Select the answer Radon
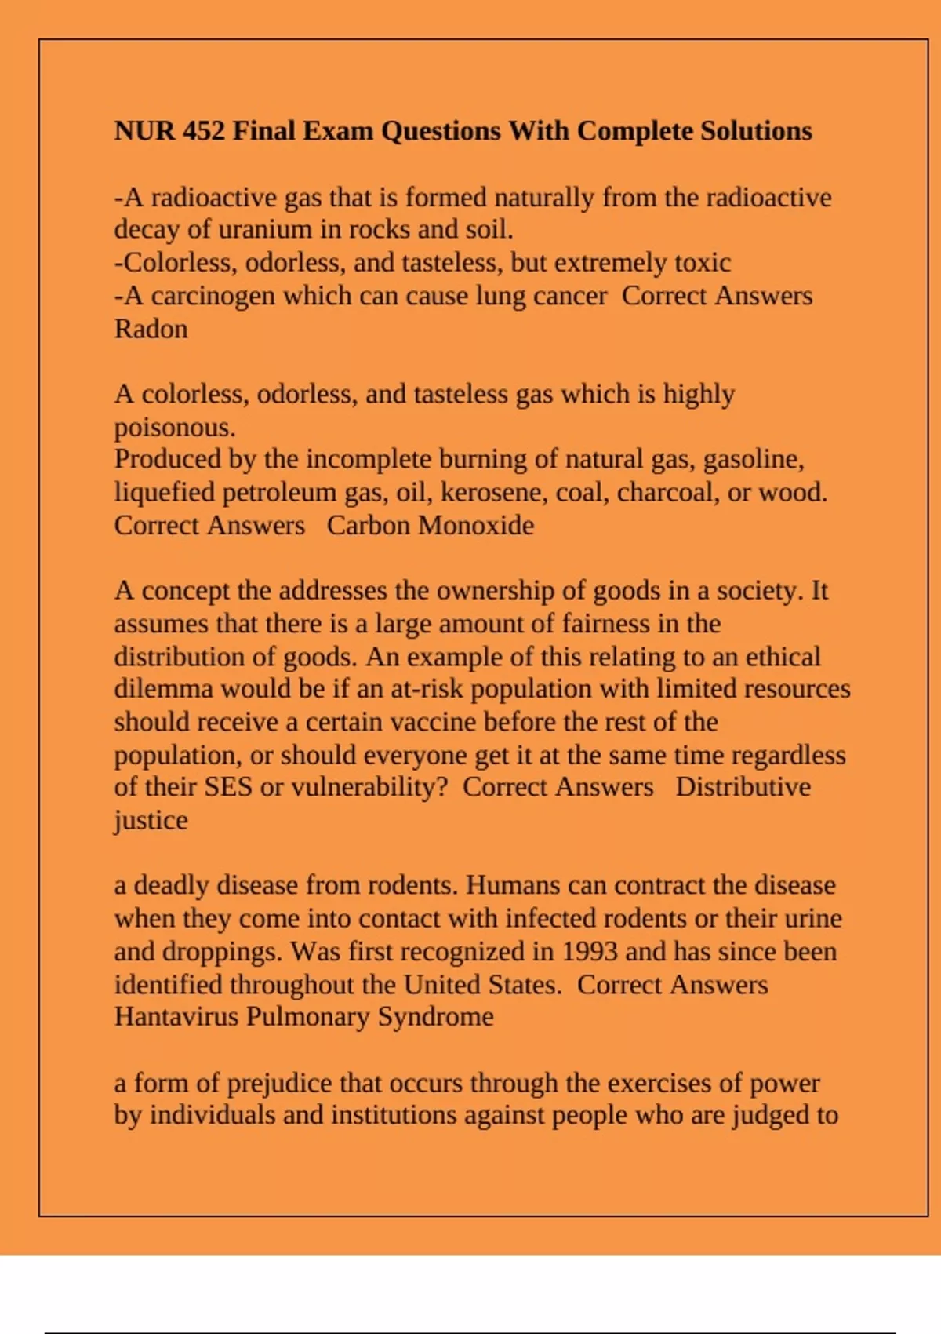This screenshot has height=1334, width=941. point(151,329)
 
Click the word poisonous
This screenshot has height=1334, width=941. point(174,428)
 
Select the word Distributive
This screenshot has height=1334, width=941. point(743,787)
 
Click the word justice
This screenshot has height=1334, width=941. point(151,821)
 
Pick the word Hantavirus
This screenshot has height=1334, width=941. point(176,1017)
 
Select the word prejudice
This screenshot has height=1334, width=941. point(279,1084)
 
